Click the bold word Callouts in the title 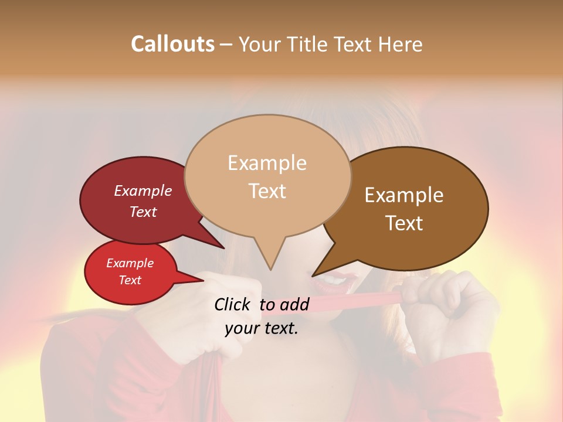tap(172, 44)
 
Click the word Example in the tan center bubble tap(267, 163)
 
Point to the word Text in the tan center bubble tap(267, 191)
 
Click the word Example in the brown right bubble tap(404, 195)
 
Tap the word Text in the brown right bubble tap(404, 223)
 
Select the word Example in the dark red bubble tap(143, 190)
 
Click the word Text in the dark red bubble tap(143, 212)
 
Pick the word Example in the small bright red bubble tap(130, 263)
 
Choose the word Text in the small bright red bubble tap(130, 280)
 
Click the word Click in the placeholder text tap(233, 304)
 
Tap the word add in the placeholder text tap(295, 304)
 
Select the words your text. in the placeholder tap(261, 328)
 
